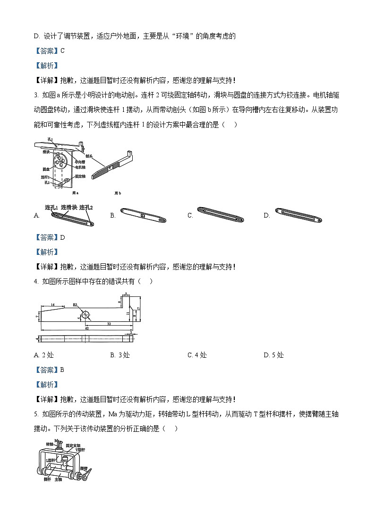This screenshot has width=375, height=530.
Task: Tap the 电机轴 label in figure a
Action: click(x=80, y=167)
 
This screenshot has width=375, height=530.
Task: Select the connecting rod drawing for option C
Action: click(x=221, y=215)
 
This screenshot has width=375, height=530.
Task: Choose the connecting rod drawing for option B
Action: click(x=144, y=215)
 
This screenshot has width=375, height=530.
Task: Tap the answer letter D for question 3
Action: click(x=63, y=237)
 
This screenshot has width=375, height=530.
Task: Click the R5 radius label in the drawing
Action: click(x=75, y=305)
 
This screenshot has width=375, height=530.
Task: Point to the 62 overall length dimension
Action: click(x=87, y=328)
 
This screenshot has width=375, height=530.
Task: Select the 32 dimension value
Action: click(x=109, y=324)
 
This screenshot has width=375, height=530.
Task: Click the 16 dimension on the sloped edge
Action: click(x=53, y=305)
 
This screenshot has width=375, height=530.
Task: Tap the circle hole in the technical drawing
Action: click(x=85, y=314)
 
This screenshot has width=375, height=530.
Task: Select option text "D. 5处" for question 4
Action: click(x=273, y=355)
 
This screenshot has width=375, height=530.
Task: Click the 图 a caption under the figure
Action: click(x=75, y=193)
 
